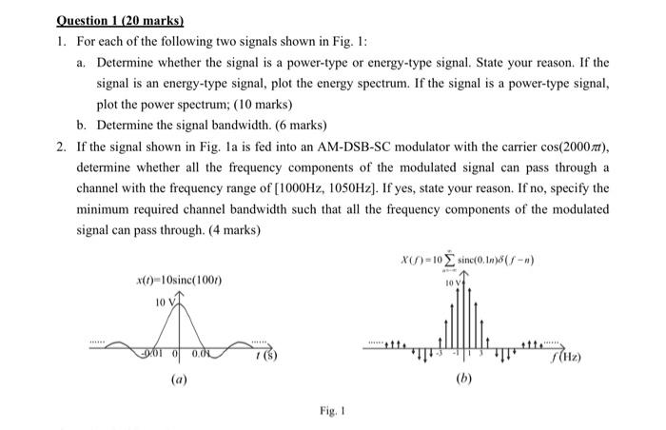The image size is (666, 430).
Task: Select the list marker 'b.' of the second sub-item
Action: coord(83,125)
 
